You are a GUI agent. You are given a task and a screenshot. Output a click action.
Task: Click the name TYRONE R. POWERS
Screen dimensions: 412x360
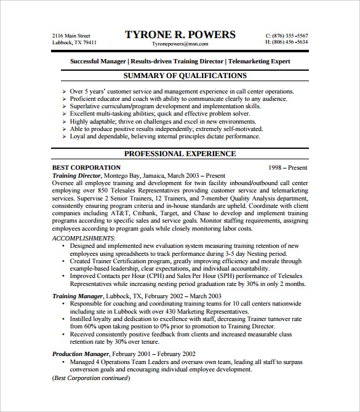pyautogui.click(x=180, y=34)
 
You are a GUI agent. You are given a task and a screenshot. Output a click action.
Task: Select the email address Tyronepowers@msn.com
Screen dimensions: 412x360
pyautogui.click(x=180, y=44)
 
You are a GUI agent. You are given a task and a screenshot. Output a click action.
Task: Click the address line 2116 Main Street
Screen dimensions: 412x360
pyautogui.click(x=71, y=36)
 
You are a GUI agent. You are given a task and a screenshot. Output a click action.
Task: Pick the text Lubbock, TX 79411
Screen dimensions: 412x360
pyautogui.click(x=74, y=42)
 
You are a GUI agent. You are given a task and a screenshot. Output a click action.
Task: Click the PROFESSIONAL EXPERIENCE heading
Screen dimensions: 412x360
pyautogui.click(x=180, y=154)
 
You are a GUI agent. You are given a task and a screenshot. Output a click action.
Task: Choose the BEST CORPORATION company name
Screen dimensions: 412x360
pyautogui.click(x=87, y=167)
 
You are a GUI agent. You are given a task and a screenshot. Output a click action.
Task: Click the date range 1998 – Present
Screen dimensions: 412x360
pyautogui.click(x=288, y=167)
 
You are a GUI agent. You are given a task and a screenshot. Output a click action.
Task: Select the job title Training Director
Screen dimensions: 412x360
pyautogui.click(x=76, y=175)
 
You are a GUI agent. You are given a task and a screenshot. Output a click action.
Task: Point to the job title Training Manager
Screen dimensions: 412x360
pyautogui.click(x=77, y=296)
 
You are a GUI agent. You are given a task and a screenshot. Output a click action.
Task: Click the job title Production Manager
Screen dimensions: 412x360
pyautogui.click(x=80, y=354)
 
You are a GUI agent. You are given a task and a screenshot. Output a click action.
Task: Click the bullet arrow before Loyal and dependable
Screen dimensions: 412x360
pyautogui.click(x=65, y=137)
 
